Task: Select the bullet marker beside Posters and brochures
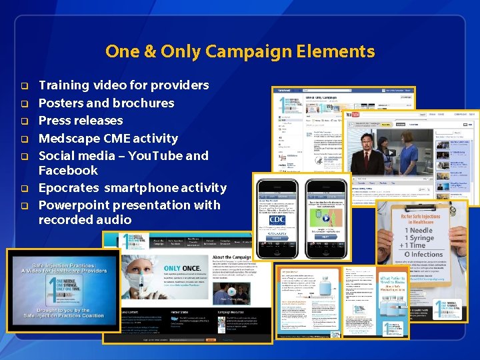(23, 103)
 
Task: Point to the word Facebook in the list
(68, 170)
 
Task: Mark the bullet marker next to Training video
(23, 86)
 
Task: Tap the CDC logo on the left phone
(277, 219)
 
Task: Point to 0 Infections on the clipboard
(421, 254)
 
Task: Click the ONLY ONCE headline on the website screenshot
(182, 269)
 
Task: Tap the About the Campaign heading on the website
(231, 257)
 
